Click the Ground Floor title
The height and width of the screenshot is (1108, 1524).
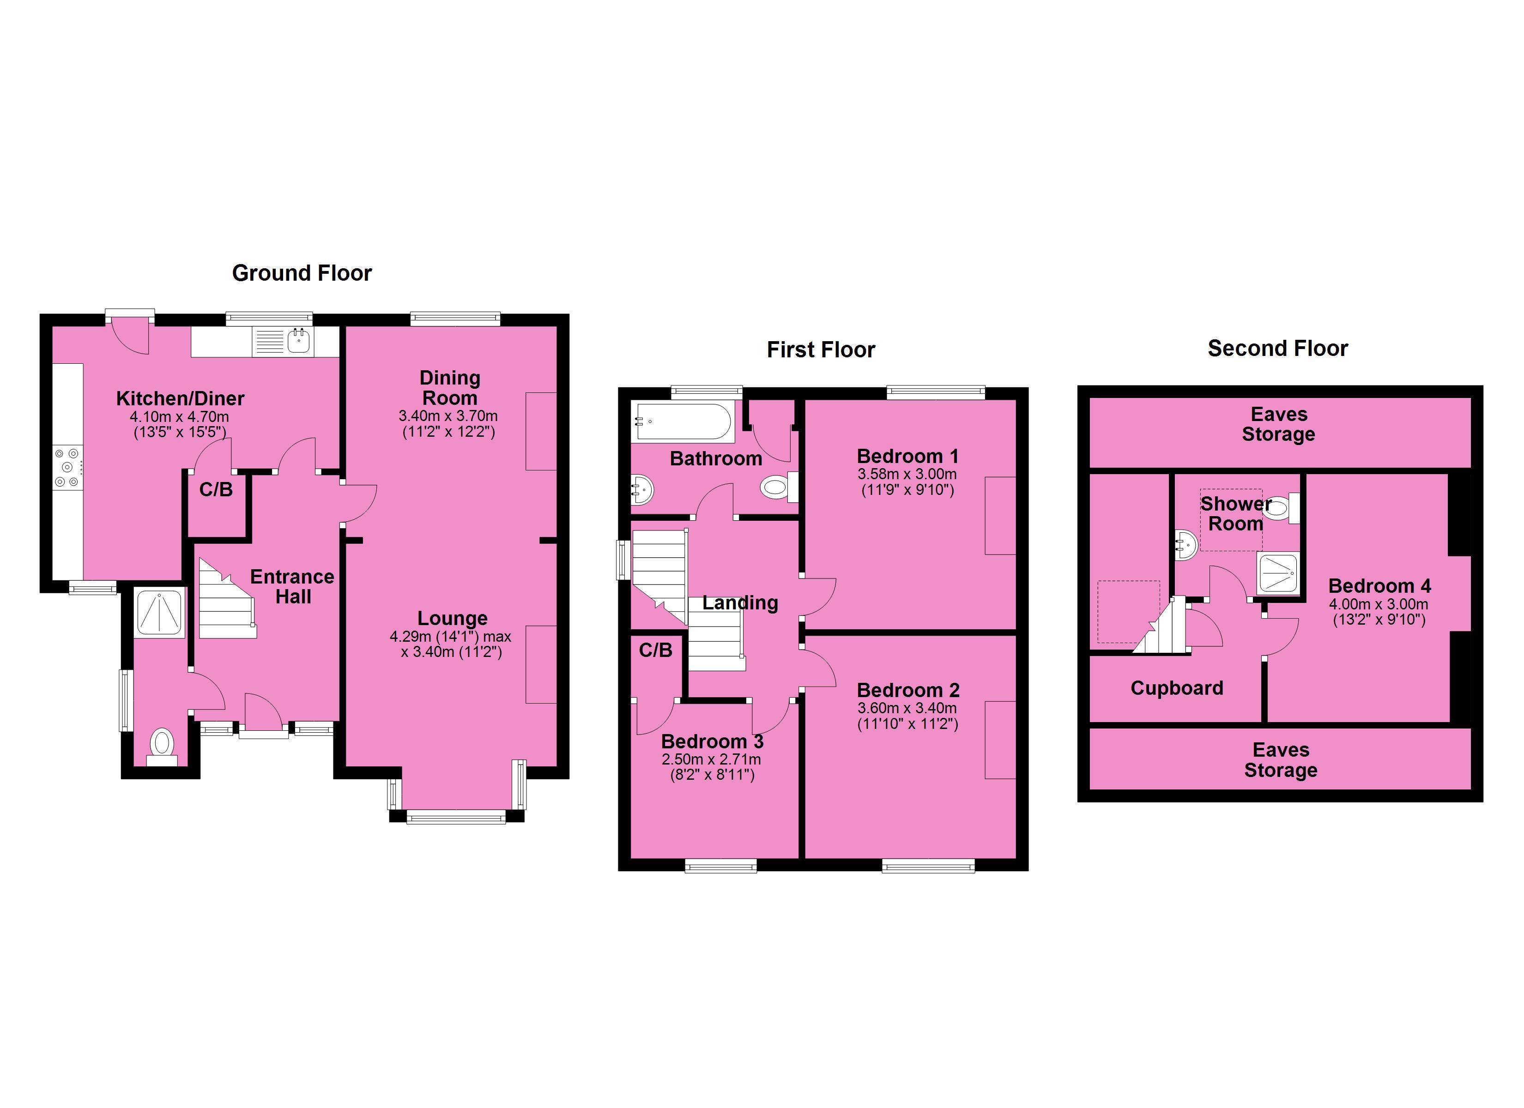(302, 273)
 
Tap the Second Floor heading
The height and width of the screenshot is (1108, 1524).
(1277, 348)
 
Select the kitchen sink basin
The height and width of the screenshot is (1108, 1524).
(299, 341)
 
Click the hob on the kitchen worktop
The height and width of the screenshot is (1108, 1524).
(68, 468)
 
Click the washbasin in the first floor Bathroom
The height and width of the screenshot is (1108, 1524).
(642, 490)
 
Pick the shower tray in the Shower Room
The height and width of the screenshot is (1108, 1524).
(1278, 573)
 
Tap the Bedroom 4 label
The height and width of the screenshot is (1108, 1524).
(1379, 586)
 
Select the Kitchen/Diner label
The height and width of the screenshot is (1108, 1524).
(180, 398)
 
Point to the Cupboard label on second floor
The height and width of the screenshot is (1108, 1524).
(1177, 688)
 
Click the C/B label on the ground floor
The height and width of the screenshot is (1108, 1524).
(216, 489)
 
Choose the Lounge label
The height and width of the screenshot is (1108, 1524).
(452, 618)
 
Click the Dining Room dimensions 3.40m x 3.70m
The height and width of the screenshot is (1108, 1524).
(448, 416)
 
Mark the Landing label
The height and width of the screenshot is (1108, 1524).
(740, 603)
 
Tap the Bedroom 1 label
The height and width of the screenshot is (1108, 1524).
(907, 456)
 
